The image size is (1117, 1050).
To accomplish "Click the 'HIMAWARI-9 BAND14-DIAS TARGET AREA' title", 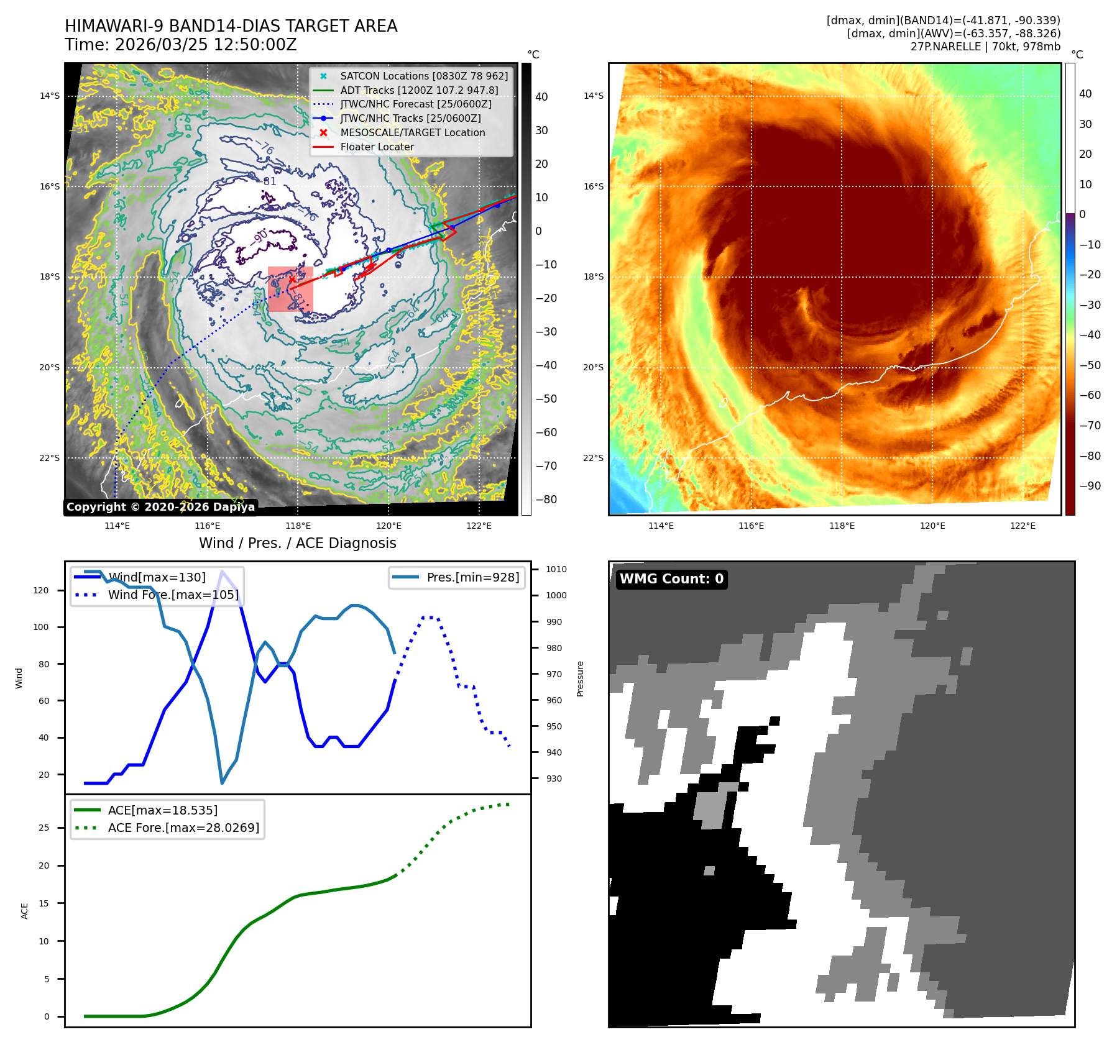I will (x=231, y=26).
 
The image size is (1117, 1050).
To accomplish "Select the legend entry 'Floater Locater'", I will (x=377, y=147).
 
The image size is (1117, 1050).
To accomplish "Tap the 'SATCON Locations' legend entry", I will (x=423, y=76).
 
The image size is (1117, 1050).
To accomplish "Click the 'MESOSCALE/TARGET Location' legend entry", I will (x=412, y=133).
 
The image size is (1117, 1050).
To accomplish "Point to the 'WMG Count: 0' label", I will (x=671, y=579).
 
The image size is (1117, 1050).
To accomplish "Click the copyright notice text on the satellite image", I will (x=160, y=507).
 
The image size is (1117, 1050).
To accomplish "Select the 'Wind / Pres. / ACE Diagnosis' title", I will (x=297, y=543).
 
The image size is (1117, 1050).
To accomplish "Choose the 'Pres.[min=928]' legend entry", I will (x=472, y=577).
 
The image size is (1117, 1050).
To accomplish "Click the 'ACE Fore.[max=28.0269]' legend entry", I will (x=183, y=828).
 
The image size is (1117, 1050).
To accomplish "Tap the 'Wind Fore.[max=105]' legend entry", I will (x=173, y=595).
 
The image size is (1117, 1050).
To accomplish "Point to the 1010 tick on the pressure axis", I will (x=556, y=569).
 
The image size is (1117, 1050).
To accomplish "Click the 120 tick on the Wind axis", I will (x=41, y=590).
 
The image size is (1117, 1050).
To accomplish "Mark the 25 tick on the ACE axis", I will (x=44, y=828).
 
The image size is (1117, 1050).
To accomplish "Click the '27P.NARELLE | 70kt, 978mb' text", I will (x=985, y=47).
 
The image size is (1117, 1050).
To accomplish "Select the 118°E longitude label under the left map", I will (x=298, y=526).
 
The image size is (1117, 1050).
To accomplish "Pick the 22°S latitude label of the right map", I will (x=593, y=459).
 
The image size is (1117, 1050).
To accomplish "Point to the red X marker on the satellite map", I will (x=292, y=280).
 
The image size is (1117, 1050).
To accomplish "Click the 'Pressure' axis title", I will (x=580, y=678).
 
